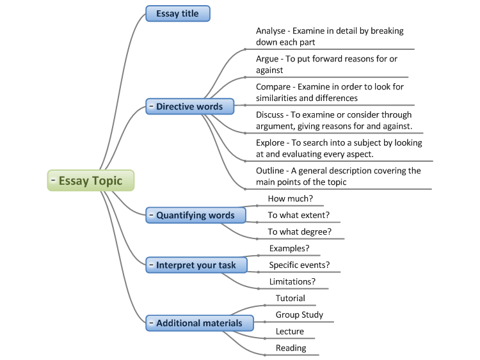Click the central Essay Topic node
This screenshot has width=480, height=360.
point(91,181)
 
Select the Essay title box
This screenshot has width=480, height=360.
point(177,13)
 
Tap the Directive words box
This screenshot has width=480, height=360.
point(189,107)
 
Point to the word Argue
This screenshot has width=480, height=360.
point(268,59)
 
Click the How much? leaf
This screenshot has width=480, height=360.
point(290,199)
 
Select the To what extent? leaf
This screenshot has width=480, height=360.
point(298,215)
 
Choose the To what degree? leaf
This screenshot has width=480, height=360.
point(300,232)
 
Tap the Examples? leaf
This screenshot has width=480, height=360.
point(289,248)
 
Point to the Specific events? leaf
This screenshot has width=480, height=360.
point(299,265)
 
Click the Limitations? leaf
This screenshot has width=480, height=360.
point(292,281)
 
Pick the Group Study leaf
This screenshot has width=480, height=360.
point(299,315)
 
